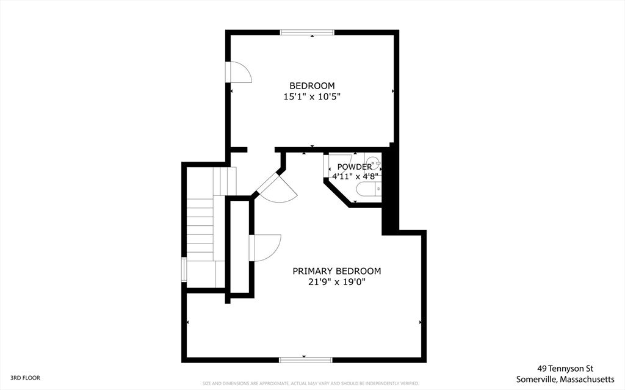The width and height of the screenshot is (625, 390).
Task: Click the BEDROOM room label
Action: coord(312,85)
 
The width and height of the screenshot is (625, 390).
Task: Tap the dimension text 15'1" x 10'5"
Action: coord(312,96)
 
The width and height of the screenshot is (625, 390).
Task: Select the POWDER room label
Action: coord(354,167)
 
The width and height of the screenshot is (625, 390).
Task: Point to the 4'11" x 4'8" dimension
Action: coord(355,176)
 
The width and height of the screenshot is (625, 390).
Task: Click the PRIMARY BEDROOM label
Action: coord(336,271)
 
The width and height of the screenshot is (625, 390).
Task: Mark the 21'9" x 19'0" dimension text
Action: coord(336,282)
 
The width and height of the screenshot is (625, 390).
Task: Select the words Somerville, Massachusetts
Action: coord(565,378)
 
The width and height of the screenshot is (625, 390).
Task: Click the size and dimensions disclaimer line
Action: coord(311,383)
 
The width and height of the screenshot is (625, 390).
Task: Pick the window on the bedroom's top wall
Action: coord(307,32)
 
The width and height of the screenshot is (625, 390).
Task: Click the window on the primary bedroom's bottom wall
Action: coord(306,359)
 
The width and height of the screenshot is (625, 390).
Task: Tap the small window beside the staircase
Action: coord(184,269)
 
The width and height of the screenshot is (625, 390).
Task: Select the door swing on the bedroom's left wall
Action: coord(239,72)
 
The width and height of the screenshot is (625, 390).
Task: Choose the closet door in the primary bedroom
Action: coord(266,248)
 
